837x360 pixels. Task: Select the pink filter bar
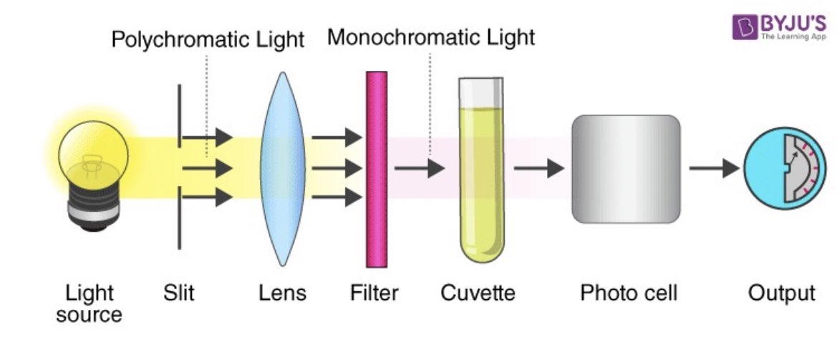[x=377, y=169]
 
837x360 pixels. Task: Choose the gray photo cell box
[x=626, y=169]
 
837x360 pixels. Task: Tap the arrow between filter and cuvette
[x=420, y=169]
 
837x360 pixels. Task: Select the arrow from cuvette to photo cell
[x=538, y=169]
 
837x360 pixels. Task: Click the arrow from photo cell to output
[x=713, y=169]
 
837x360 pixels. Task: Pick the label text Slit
[x=178, y=293]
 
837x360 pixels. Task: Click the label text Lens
[x=282, y=293]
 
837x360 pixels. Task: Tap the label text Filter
[x=374, y=293]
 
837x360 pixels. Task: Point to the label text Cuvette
[x=478, y=293]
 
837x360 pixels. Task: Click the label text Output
[x=781, y=293]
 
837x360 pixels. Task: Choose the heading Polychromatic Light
[x=208, y=39]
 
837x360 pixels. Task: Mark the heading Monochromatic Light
[x=431, y=37]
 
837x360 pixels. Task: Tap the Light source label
[x=89, y=303]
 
